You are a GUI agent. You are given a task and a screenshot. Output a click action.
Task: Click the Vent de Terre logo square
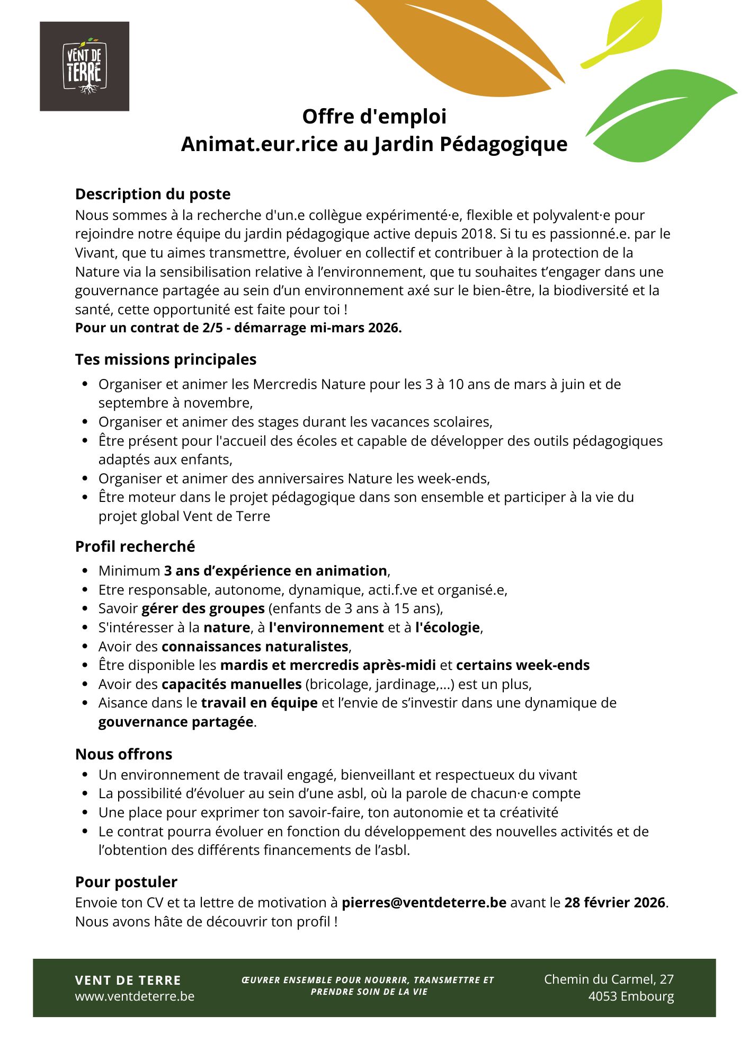[84, 66]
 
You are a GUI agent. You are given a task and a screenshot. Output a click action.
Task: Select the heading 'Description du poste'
[153, 194]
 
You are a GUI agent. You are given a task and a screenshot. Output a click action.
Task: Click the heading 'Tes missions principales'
[165, 359]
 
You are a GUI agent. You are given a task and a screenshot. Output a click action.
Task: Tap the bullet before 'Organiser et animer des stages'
[85, 422]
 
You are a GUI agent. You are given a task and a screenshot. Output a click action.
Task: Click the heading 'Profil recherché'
[135, 546]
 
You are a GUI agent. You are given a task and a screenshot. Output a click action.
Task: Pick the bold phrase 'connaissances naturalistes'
[255, 647]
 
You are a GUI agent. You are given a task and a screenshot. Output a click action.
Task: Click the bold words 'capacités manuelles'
[231, 684]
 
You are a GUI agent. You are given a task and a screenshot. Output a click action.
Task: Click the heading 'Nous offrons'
[123, 754]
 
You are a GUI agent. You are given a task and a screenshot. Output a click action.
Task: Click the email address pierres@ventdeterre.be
[424, 903]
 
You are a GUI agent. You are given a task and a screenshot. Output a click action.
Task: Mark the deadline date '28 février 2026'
[614, 903]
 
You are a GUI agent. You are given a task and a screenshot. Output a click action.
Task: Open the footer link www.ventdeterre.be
[135, 996]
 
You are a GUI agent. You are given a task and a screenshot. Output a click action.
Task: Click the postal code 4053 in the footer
[603, 996]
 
